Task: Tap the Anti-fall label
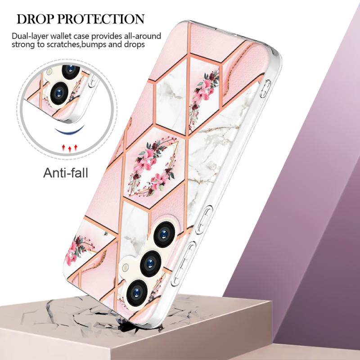click(66, 173)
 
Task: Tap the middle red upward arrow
click(70, 148)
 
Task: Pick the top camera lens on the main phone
click(164, 234)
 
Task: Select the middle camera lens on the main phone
click(151, 263)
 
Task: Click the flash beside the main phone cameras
click(126, 267)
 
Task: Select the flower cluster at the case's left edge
click(79, 250)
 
